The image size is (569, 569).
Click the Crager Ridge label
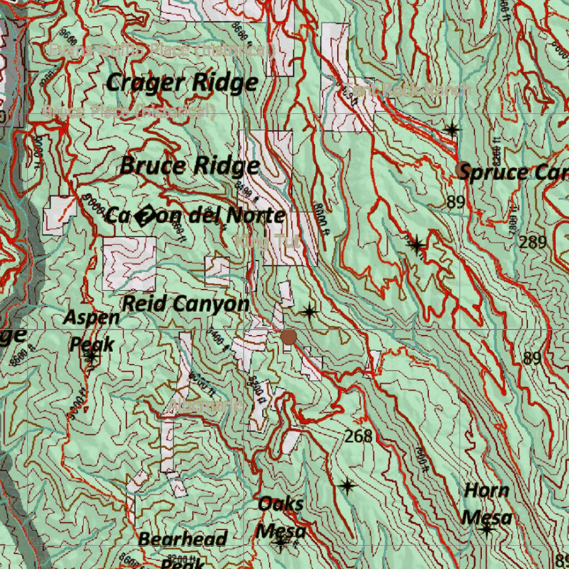point(182,83)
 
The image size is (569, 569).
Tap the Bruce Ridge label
point(189,166)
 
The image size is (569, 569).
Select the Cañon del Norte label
point(195,216)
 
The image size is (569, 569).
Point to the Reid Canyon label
point(186,304)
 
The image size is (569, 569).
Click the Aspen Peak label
point(92,331)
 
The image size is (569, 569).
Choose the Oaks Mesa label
point(281,517)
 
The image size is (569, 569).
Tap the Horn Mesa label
point(487,504)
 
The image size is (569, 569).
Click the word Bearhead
point(182,539)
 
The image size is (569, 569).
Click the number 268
point(358,437)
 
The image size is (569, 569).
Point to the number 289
point(533,242)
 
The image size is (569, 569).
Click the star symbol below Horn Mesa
point(487,530)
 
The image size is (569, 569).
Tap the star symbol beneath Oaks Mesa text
point(281,543)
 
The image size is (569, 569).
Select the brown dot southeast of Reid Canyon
point(288,337)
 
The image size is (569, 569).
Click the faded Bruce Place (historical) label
point(129,112)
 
